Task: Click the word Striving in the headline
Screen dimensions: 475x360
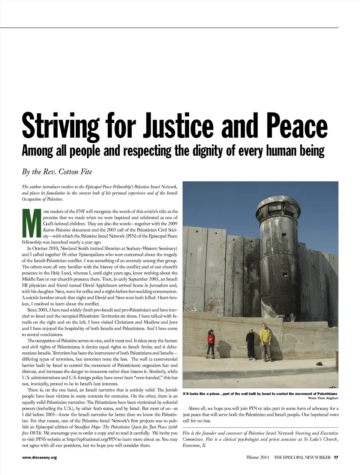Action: [x=60, y=125]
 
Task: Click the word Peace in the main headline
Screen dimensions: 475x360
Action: [x=300, y=125]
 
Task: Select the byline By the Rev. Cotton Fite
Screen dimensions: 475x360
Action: [x=57, y=172]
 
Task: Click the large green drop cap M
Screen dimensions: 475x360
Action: [x=31, y=224]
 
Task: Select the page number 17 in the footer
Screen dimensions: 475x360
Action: [x=336, y=457]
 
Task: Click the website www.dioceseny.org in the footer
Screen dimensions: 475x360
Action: [x=39, y=457]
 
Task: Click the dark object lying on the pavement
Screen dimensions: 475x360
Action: [x=320, y=363]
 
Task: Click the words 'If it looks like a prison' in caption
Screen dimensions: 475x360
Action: [x=205, y=394]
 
